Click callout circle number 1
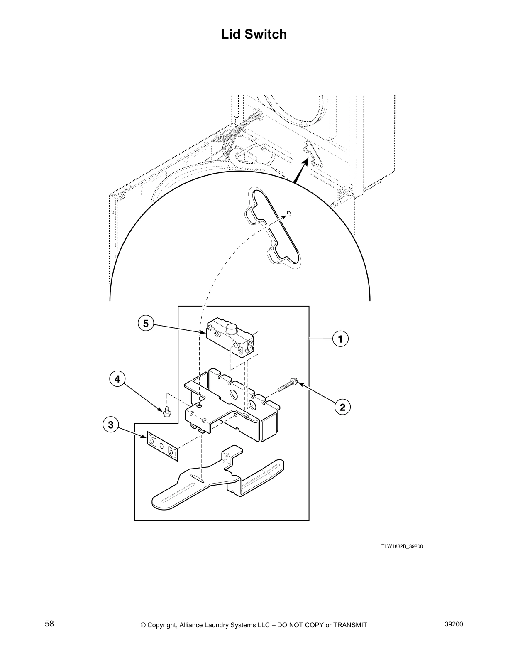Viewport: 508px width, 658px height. click(x=340, y=339)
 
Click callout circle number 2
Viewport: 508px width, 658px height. click(x=342, y=407)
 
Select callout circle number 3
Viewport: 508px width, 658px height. click(x=110, y=425)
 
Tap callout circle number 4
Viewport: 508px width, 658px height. click(x=117, y=379)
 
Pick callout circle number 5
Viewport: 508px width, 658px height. click(x=146, y=323)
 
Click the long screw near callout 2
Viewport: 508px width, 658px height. click(x=286, y=384)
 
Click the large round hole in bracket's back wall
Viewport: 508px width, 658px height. click(x=233, y=393)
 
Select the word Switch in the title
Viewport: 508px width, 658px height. click(x=265, y=34)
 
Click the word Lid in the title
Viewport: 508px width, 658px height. click(x=230, y=34)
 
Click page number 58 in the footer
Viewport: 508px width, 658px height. click(x=49, y=624)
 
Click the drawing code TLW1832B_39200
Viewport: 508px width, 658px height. click(x=402, y=546)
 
